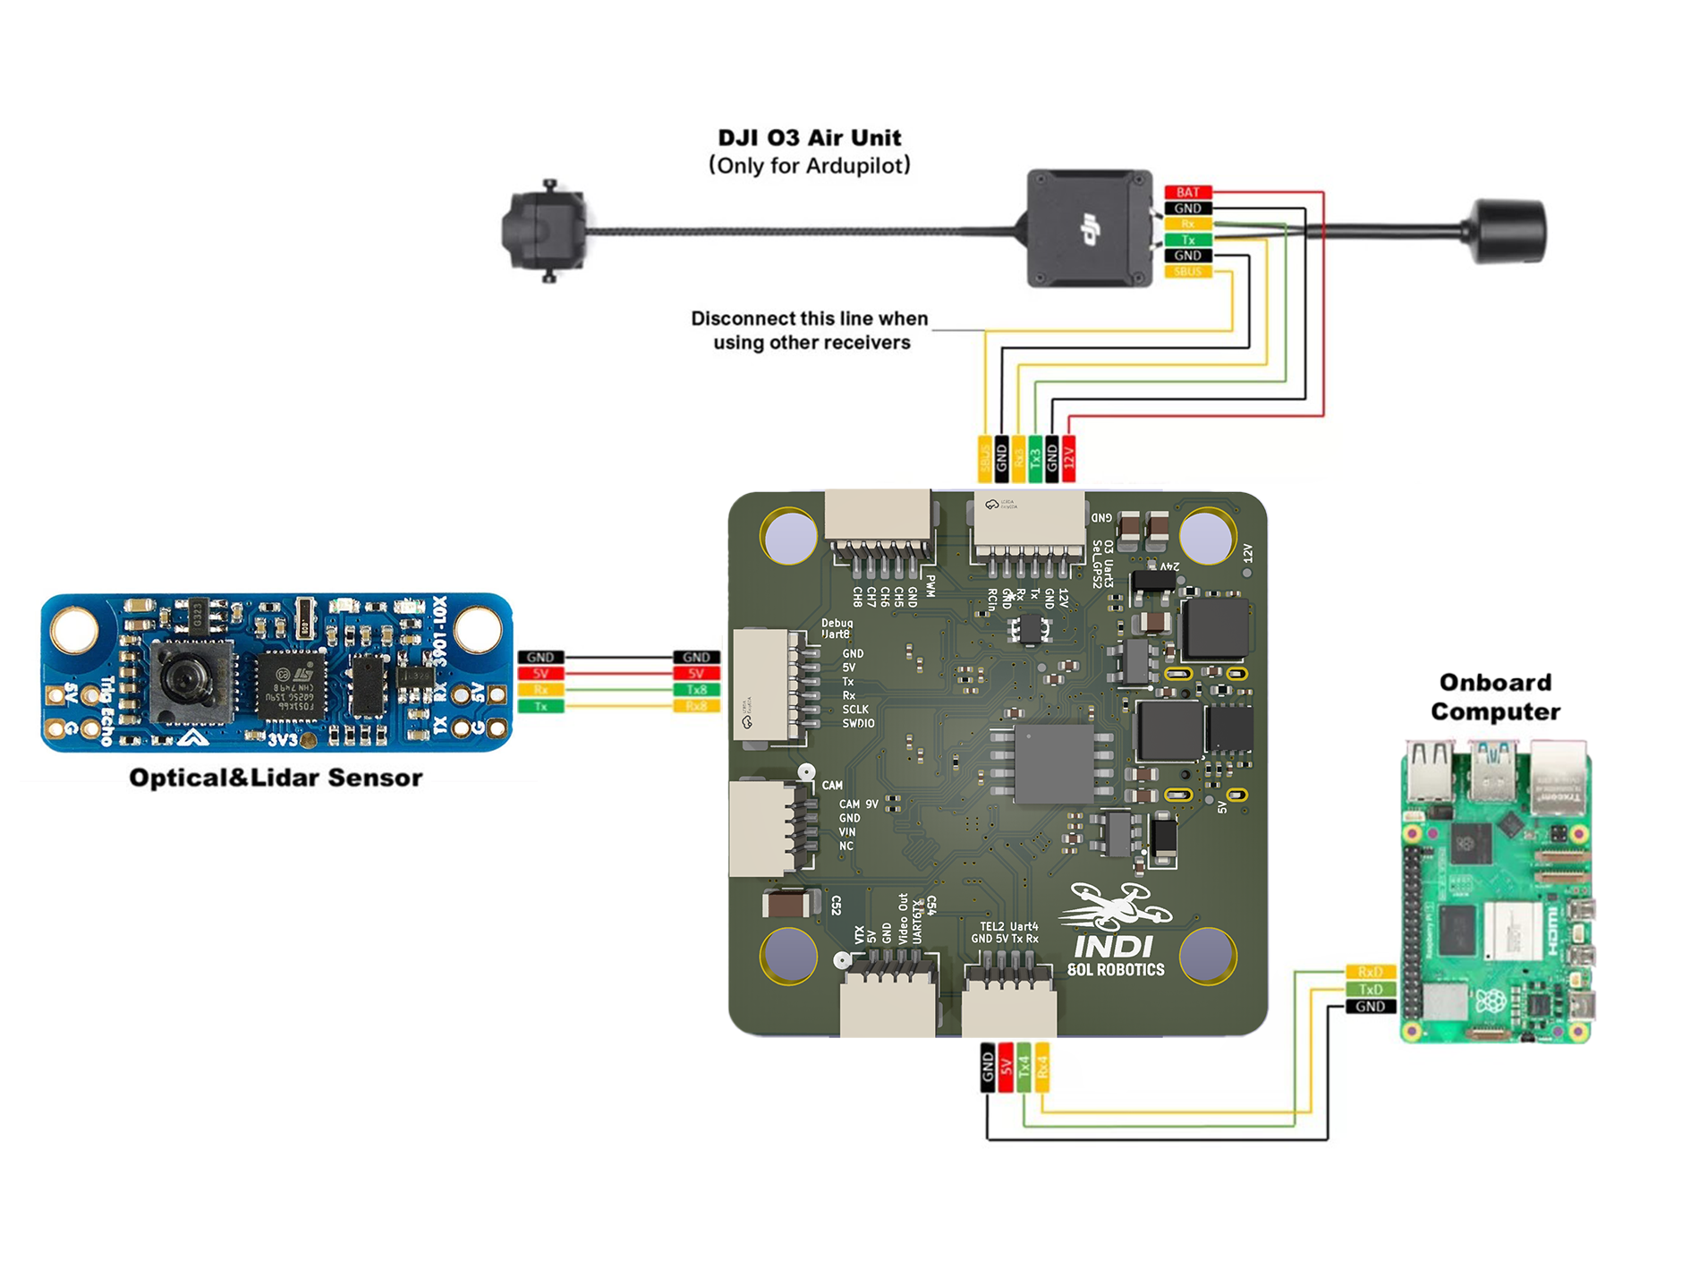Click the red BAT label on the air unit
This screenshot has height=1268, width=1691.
pyautogui.click(x=1187, y=192)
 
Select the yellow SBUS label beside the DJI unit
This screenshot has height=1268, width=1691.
pyautogui.click(x=1187, y=271)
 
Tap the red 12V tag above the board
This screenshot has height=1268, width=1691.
pyautogui.click(x=1068, y=458)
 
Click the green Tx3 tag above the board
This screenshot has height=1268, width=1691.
pyautogui.click(x=1035, y=458)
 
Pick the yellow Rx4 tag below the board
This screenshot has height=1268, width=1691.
pyautogui.click(x=1041, y=1067)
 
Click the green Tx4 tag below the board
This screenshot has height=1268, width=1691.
pyautogui.click(x=1024, y=1067)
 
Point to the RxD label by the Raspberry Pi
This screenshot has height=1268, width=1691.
pyautogui.click(x=1370, y=972)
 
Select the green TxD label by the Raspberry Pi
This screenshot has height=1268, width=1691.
pyautogui.click(x=1370, y=989)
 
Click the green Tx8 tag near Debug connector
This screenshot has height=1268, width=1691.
pyautogui.click(x=696, y=690)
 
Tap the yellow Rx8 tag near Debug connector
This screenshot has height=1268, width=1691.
pyautogui.click(x=696, y=706)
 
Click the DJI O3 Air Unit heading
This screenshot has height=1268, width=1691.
pyautogui.click(x=809, y=138)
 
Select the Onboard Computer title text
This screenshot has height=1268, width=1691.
pyautogui.click(x=1494, y=697)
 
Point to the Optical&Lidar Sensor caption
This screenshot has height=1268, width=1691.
pyautogui.click(x=276, y=778)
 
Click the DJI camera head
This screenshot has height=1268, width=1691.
pyautogui.click(x=544, y=232)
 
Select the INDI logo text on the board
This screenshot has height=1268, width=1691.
pyautogui.click(x=1114, y=947)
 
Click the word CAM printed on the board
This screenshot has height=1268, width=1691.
pyautogui.click(x=832, y=786)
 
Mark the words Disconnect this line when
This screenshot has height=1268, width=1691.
pyautogui.click(x=809, y=319)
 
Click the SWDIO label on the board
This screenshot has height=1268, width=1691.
pyautogui.click(x=858, y=723)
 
